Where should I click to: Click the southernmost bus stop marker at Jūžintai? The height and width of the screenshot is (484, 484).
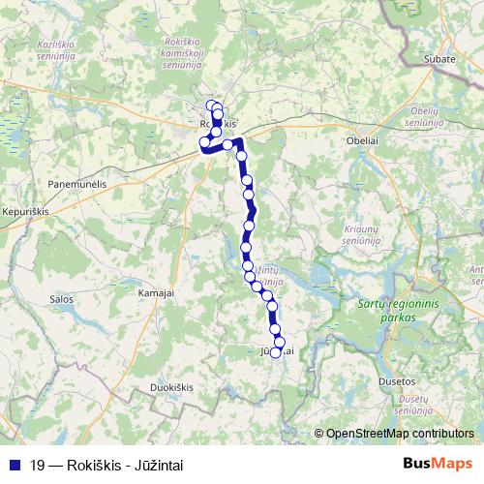275,352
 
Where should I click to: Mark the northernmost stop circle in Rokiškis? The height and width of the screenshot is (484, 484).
211,106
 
